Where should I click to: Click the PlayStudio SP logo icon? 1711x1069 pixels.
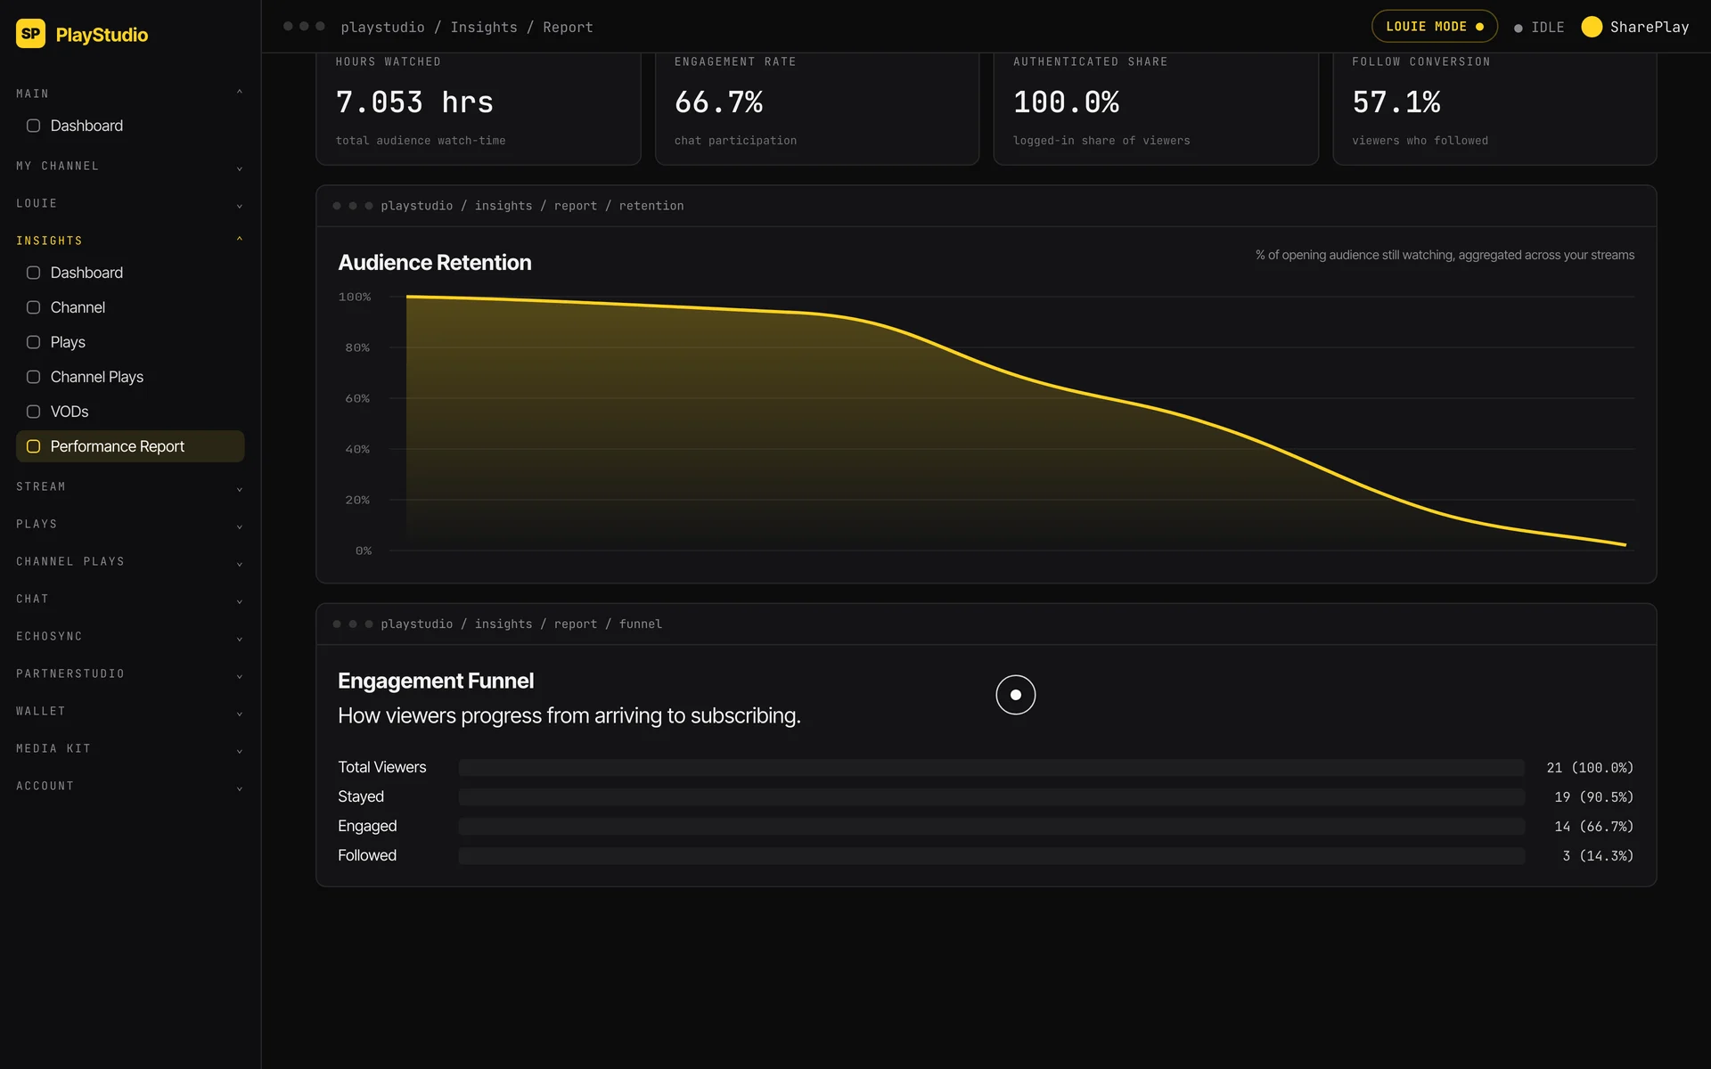coord(30,34)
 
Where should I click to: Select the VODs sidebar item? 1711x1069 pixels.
coord(69,412)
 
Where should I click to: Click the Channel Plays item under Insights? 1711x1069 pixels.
coord(96,377)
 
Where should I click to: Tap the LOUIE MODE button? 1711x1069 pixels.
coord(1434,27)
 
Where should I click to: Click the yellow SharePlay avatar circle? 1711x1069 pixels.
coord(1592,27)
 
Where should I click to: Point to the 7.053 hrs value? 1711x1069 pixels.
coord(414,102)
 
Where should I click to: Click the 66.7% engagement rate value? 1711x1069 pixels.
coord(718,102)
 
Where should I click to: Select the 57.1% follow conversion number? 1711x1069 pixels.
coord(1396,102)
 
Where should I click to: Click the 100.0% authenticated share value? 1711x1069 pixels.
coord(1066,102)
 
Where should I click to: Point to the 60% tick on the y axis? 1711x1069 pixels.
coord(357,398)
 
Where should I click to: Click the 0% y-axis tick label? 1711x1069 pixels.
coord(364,551)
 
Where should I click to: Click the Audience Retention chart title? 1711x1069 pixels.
coord(435,263)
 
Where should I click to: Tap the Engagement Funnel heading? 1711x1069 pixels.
coord(436,681)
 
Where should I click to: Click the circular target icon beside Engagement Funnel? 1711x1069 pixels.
coord(1016,695)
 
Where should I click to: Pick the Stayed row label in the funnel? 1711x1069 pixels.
coord(361,796)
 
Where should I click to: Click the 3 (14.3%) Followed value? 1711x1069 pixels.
coord(1598,856)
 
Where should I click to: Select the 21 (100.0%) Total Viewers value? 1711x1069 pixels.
coord(1590,768)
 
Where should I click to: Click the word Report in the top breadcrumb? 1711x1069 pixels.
coord(568,28)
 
